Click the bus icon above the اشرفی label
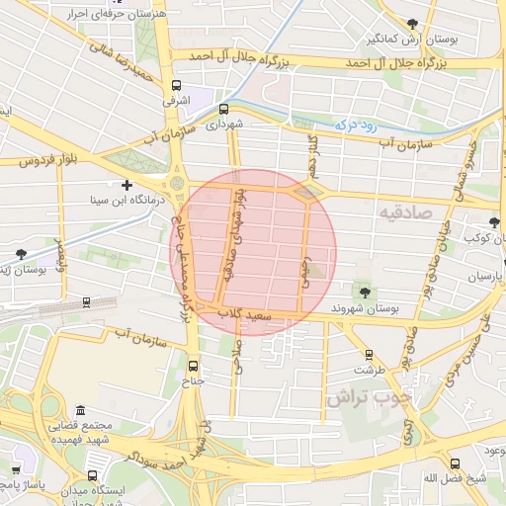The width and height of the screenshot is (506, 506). coord(177,85)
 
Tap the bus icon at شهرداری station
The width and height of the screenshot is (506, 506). coord(223,109)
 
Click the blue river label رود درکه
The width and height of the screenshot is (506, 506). coord(345,125)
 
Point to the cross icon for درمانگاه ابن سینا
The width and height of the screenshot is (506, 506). coord(126,185)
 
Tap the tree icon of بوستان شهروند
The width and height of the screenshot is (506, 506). coord(365,293)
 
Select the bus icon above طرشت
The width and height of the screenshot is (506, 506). coord(370,354)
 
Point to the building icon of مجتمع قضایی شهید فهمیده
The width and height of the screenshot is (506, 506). coord(78,410)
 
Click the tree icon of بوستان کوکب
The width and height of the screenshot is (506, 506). coord(493,223)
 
